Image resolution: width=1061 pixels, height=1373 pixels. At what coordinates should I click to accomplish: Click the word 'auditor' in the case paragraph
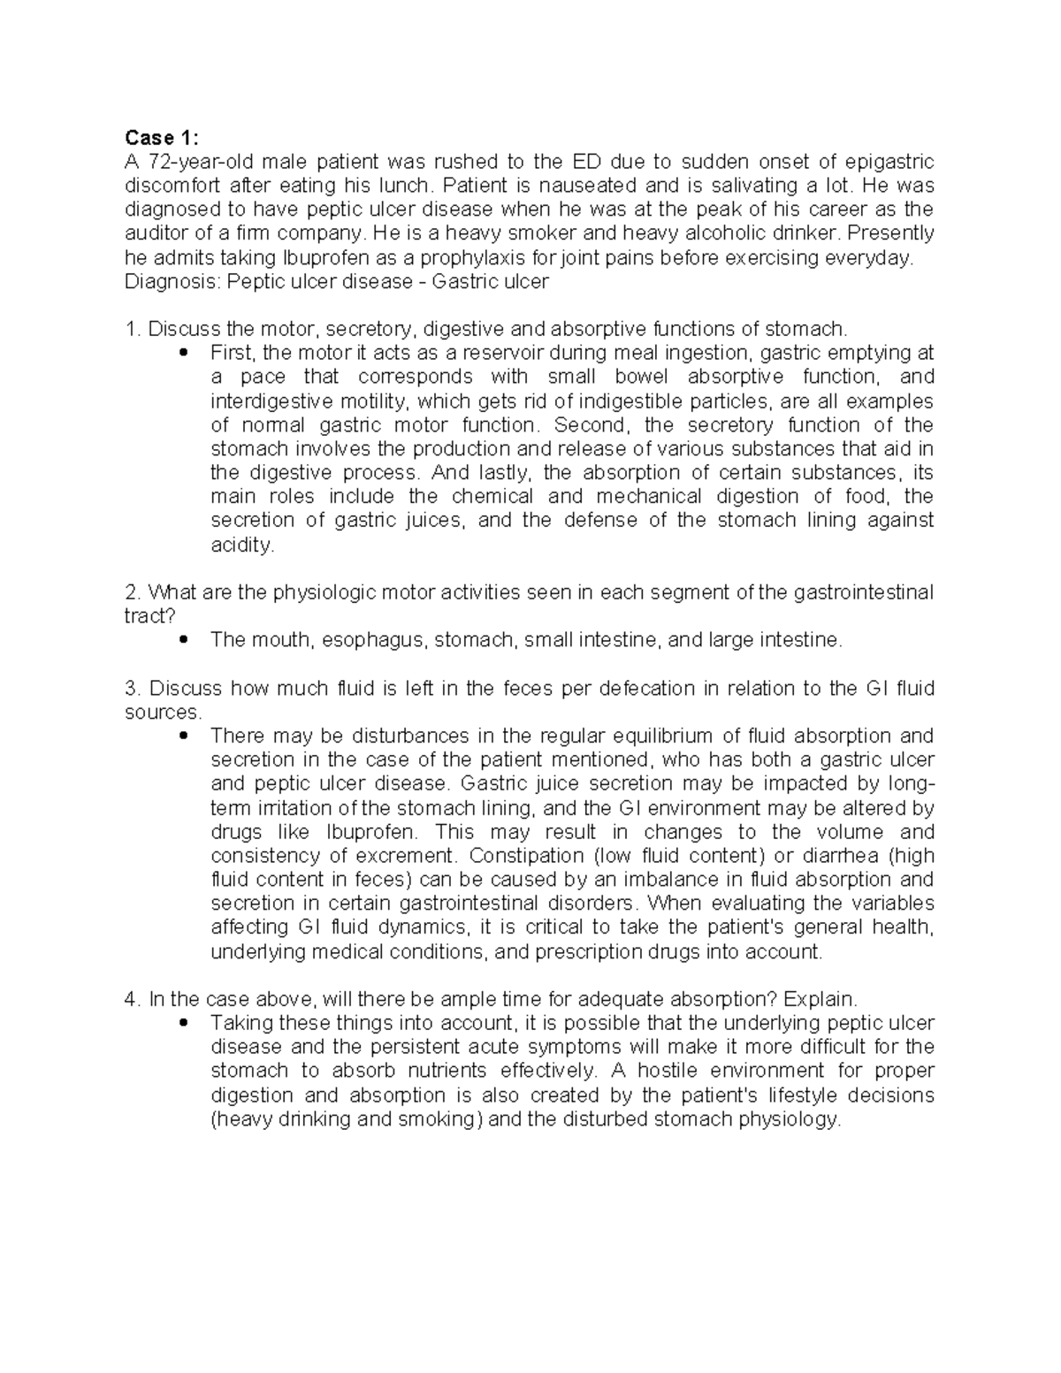click(x=156, y=233)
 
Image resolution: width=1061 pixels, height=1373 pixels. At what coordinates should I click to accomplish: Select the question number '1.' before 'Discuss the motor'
click(x=133, y=330)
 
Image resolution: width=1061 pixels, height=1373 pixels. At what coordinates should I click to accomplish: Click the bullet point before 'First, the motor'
click(x=184, y=354)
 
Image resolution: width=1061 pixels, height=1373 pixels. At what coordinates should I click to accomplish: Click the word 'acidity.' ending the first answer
click(x=242, y=545)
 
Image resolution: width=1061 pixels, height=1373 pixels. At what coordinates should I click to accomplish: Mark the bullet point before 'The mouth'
click(x=184, y=640)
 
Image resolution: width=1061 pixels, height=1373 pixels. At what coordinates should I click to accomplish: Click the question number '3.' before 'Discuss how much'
click(x=133, y=689)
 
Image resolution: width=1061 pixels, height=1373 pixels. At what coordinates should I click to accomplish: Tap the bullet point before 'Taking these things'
click(x=184, y=1023)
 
